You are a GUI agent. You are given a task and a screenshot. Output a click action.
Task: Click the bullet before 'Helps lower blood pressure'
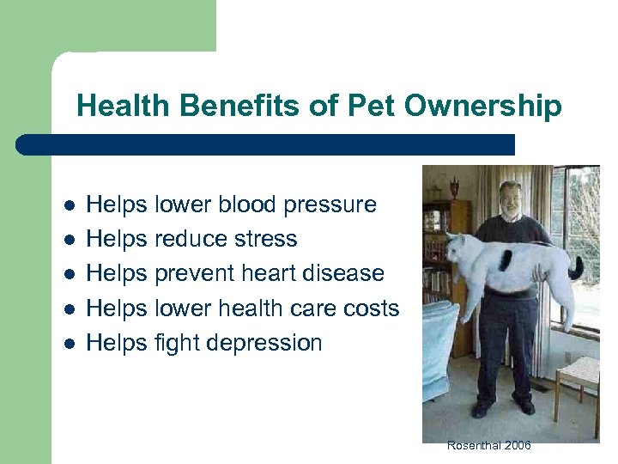(70, 205)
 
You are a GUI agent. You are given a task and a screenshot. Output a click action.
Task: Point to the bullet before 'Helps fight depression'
(70, 343)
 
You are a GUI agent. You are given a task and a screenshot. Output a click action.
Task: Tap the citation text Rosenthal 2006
(489, 445)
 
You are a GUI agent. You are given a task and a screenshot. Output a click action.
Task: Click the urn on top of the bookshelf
(453, 188)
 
